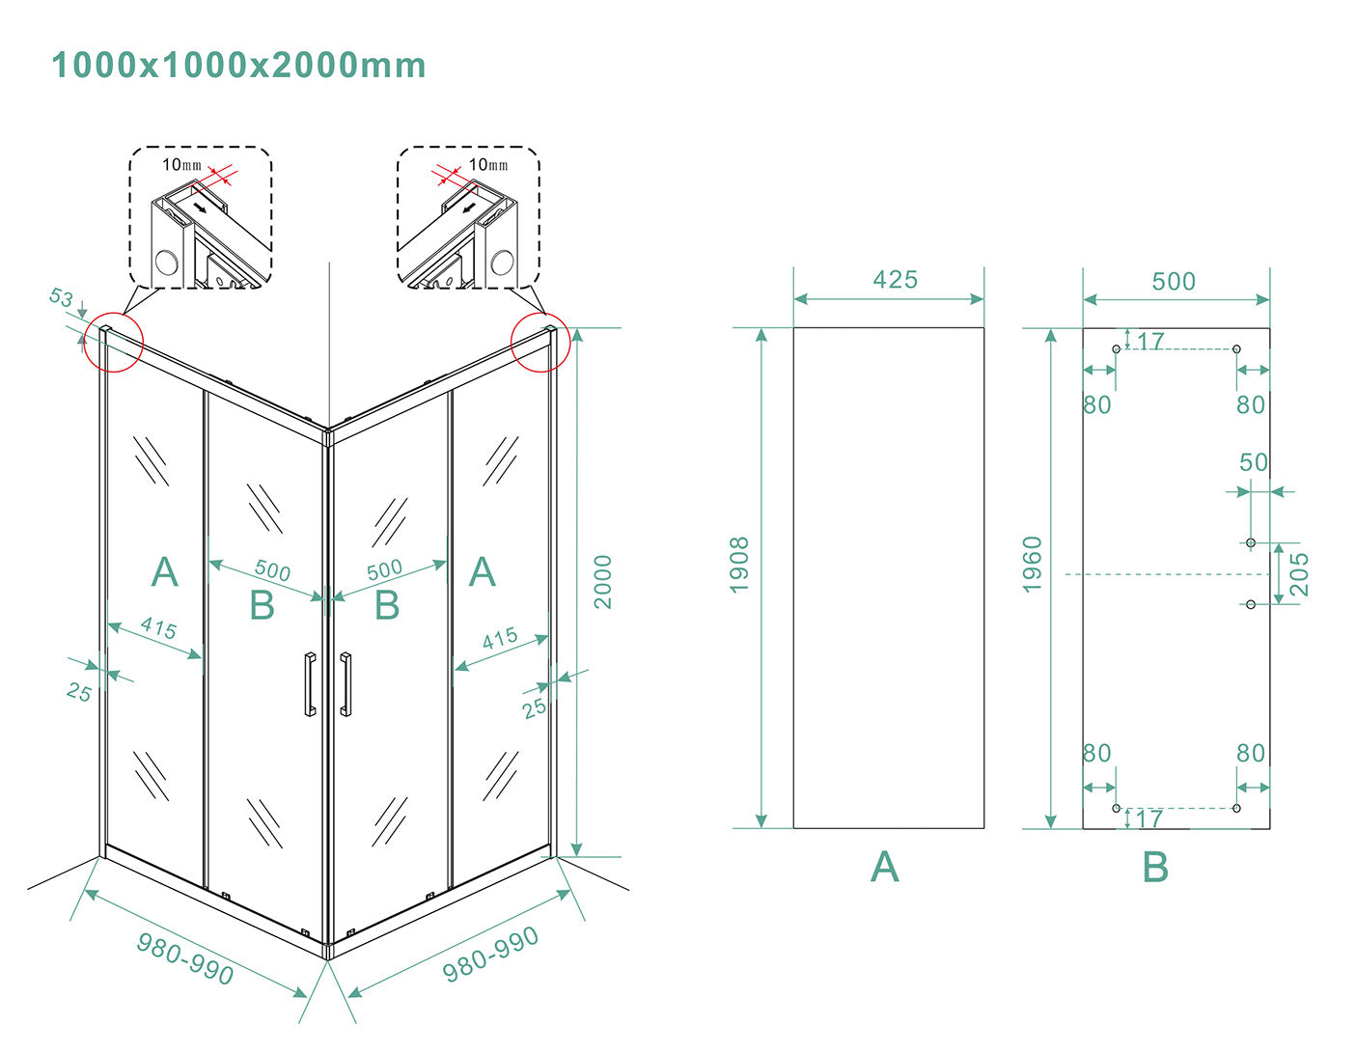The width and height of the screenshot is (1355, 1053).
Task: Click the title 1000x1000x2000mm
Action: pyautogui.click(x=238, y=66)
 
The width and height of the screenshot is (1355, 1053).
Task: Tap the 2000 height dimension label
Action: pyautogui.click(x=603, y=582)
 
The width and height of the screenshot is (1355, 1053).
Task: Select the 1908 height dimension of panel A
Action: pyautogui.click(x=739, y=565)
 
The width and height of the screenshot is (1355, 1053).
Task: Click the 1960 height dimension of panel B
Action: pyautogui.click(x=1032, y=565)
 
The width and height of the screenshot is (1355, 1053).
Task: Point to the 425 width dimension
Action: pyautogui.click(x=896, y=280)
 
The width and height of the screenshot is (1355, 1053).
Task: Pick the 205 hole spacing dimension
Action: pyautogui.click(x=1299, y=574)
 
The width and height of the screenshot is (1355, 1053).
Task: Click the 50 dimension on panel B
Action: pyautogui.click(x=1254, y=462)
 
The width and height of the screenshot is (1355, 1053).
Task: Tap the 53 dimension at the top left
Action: pyautogui.click(x=61, y=297)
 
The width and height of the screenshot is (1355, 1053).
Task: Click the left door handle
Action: pyautogui.click(x=309, y=684)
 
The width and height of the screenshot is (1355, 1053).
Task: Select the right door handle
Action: pyautogui.click(x=346, y=684)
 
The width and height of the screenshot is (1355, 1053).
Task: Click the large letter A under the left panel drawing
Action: pyautogui.click(x=885, y=868)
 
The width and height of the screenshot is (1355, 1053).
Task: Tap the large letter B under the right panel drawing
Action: pyautogui.click(x=1155, y=868)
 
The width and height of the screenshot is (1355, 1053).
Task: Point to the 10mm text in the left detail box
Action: pyautogui.click(x=181, y=165)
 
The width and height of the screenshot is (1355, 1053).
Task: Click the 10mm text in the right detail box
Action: pyautogui.click(x=488, y=165)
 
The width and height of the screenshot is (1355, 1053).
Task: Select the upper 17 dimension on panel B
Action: pyautogui.click(x=1150, y=341)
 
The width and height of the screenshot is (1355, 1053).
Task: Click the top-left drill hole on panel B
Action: pyautogui.click(x=1117, y=349)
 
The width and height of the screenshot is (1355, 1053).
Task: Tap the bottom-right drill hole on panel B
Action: pyautogui.click(x=1236, y=809)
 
